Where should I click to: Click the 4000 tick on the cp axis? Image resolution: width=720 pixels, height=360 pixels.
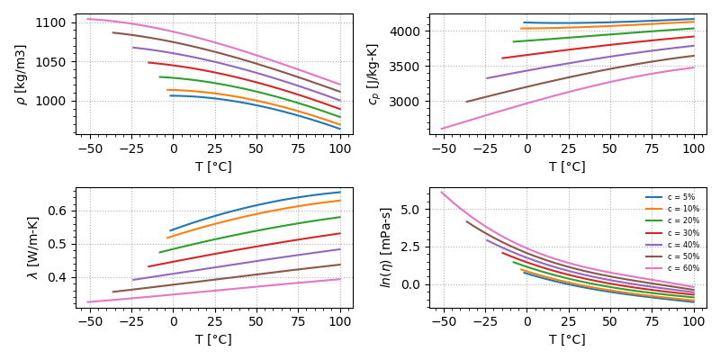coord(408,31)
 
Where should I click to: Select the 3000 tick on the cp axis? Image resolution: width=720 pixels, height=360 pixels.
coord(408,102)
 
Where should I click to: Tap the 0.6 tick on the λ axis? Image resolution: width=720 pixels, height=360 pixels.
coord(59,211)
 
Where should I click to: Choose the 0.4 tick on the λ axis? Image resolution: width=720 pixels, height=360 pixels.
coord(59,277)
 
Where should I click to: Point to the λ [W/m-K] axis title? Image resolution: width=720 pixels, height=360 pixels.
coord(33,247)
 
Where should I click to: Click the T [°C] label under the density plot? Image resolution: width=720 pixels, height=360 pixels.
coord(213,166)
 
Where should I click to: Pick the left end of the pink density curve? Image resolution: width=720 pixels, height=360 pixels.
coord(87,18)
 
